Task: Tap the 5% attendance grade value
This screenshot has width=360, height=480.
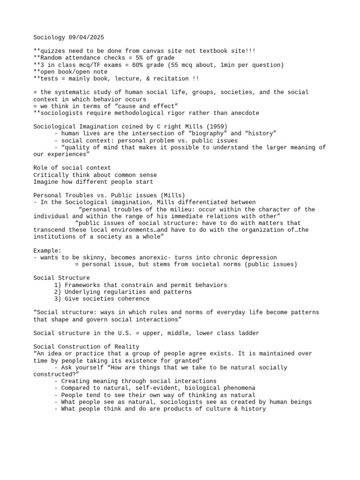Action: (116, 58)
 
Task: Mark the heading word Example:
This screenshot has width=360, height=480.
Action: (47, 250)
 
